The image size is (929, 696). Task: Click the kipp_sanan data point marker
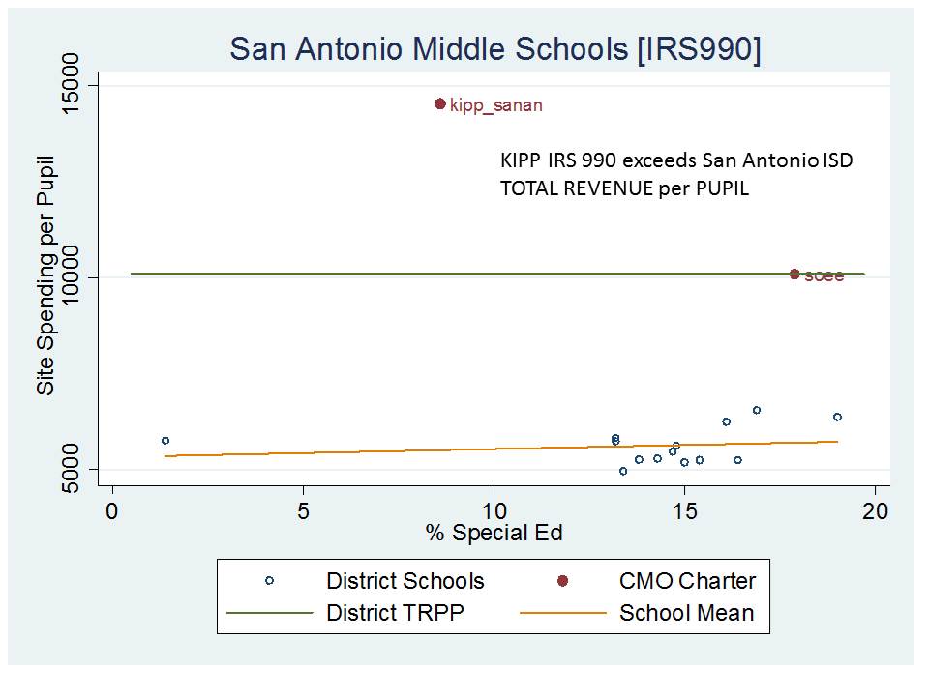click(440, 103)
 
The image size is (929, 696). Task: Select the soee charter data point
click(794, 275)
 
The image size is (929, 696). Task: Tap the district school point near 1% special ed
click(165, 441)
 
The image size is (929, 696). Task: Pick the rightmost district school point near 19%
click(837, 417)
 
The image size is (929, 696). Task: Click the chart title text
click(494, 50)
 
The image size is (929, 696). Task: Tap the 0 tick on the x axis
click(112, 509)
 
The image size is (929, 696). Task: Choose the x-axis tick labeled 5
click(303, 509)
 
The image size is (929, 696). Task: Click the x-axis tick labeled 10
click(494, 509)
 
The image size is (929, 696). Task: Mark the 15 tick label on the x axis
click(685, 509)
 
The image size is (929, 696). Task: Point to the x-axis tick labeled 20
click(876, 509)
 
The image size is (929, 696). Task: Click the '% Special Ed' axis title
click(494, 533)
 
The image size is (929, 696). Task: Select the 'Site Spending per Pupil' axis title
click(45, 275)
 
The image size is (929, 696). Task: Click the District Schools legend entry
click(405, 581)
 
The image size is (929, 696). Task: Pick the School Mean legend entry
click(686, 613)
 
